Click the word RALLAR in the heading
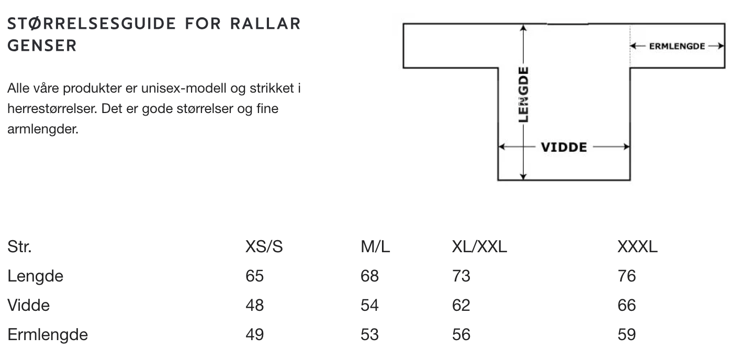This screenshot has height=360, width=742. coord(265,24)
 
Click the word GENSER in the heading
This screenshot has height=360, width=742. coord(42,46)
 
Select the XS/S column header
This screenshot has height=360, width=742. coord(264,247)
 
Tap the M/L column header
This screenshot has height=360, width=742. coord(375,247)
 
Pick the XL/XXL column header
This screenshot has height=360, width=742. coord(479,247)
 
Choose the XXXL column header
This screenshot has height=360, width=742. coord(637,247)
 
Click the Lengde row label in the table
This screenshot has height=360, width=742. coord(35,276)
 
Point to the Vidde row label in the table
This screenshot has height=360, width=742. coord(28,305)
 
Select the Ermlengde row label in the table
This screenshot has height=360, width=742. coord(48,335)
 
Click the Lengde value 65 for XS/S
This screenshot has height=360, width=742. coord(254,276)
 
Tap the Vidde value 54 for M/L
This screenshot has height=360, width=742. coord(369,305)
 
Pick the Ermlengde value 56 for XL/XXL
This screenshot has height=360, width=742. coord(461,334)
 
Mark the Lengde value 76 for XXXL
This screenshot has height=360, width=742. coord(627,276)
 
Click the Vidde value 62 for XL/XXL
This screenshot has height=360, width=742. coord(461,305)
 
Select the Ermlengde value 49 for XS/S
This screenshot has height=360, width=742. coord(254,334)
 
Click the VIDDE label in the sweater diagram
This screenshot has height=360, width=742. coord(564,147)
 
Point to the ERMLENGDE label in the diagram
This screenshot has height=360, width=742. coord(677,47)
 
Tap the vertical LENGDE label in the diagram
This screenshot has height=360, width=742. coord(523,94)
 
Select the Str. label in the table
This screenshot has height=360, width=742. coord(19,247)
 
